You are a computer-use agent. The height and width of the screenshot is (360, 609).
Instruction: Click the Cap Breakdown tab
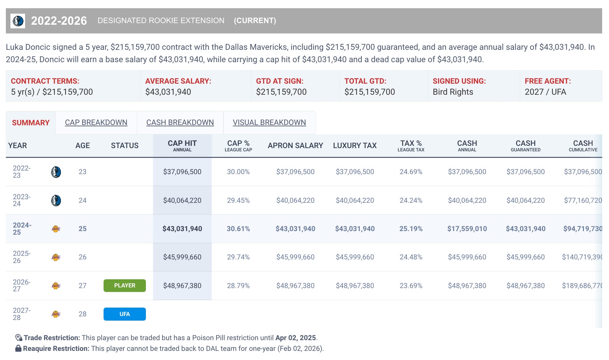[96, 123]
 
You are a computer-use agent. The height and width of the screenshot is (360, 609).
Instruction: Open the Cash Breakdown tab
[180, 123]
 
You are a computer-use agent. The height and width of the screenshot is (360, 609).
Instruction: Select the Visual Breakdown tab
[269, 123]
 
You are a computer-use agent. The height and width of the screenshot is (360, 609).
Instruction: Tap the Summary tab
[31, 123]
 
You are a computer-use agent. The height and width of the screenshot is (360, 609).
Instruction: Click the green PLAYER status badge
[124, 285]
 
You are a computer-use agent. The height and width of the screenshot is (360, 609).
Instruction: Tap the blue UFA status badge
[124, 314]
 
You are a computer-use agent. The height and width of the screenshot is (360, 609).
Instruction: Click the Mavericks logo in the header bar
[18, 21]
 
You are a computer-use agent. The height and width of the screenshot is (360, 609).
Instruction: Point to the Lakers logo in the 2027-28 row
[56, 314]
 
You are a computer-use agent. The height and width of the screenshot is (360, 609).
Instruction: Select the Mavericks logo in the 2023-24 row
[56, 201]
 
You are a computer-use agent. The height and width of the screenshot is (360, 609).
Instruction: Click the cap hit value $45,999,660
[182, 257]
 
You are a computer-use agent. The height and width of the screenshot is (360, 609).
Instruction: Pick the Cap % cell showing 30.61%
[238, 229]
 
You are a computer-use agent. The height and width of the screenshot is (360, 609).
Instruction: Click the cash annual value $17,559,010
[467, 229]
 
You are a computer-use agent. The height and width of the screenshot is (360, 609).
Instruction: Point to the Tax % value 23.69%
[411, 286]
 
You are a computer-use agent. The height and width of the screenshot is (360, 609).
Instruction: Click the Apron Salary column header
[295, 145]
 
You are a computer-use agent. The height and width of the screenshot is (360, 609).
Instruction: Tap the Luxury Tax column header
[355, 145]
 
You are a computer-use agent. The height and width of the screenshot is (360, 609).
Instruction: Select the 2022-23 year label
[21, 172]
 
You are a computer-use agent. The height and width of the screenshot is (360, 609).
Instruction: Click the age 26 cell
[82, 257]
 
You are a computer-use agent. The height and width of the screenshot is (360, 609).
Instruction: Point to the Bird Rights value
[453, 92]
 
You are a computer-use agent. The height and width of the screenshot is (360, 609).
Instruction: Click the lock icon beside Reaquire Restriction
[18, 349]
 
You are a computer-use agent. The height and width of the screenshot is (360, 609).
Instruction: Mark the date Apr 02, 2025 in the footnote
[295, 338]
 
